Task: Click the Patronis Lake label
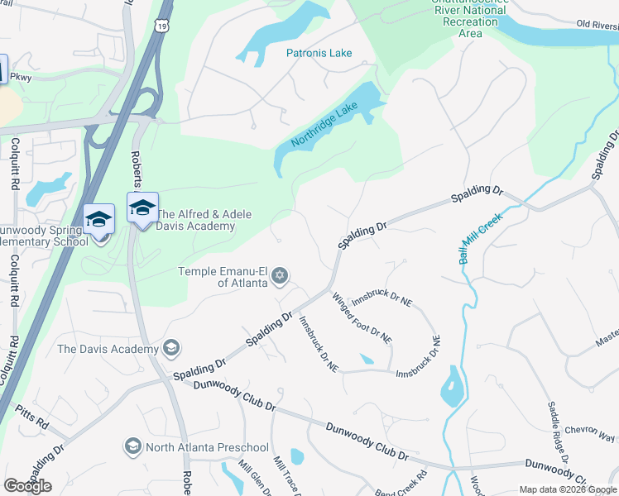[319, 53]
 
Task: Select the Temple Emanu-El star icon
[280, 275]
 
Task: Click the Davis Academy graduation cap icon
[171, 348]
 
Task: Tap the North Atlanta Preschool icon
[132, 447]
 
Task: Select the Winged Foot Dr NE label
[361, 317]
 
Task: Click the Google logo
[27, 486]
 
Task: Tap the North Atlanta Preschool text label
[207, 448]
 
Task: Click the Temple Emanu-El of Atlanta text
[223, 276]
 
